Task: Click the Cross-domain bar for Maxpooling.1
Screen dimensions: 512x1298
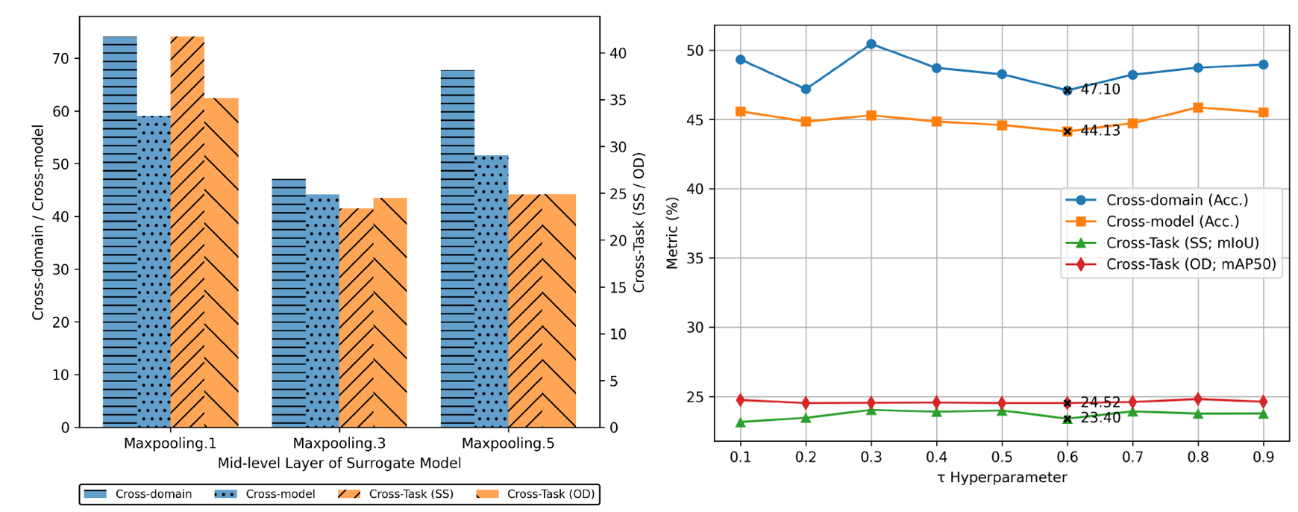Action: [119, 231]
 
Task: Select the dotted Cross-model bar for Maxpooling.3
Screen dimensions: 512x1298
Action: [322, 310]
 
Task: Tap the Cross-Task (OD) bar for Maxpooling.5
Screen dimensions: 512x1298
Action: [559, 310]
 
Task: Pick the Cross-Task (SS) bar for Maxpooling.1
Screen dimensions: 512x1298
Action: [187, 231]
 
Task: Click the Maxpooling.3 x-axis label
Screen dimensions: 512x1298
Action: [339, 443]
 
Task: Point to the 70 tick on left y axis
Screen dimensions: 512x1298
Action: [60, 58]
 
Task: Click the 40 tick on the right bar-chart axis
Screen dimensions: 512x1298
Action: [618, 54]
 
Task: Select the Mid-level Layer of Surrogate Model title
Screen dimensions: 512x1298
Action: [339, 463]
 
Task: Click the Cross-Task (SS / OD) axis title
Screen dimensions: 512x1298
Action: [639, 222]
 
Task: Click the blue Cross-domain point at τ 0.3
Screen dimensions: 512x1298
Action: [871, 44]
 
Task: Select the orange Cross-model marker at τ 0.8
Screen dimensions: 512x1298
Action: [1198, 107]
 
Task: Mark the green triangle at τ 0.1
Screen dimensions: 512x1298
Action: [741, 422]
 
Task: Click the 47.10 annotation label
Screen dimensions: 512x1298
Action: [1100, 90]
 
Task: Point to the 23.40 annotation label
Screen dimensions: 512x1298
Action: [1100, 418]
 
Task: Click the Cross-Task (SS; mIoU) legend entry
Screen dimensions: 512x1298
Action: [1182, 243]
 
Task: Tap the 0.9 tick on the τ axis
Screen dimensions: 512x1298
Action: [1263, 456]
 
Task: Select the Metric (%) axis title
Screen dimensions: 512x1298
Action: [672, 233]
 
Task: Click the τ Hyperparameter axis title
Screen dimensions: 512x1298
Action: [1002, 478]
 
